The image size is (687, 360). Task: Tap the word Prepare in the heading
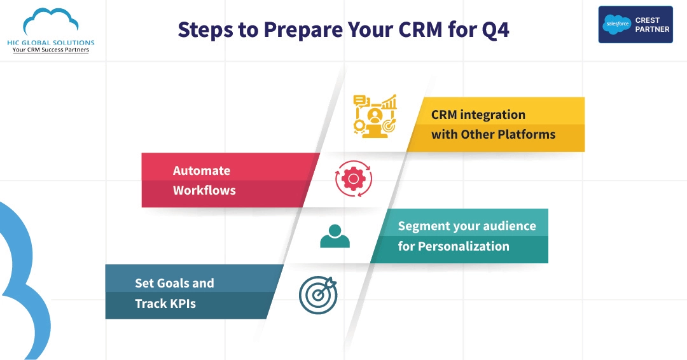(308, 30)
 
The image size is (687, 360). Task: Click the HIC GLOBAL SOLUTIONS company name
(50, 42)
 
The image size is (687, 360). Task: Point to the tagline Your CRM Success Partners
(50, 50)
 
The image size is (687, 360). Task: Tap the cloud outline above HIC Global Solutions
(50, 22)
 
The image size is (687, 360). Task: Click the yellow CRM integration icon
(375, 115)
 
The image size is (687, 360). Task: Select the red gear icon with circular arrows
(353, 179)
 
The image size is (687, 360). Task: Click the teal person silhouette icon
(335, 236)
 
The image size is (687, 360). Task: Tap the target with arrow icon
(318, 294)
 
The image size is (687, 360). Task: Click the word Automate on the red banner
(202, 170)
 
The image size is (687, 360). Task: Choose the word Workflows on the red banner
(204, 190)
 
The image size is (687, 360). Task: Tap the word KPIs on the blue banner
(183, 303)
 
